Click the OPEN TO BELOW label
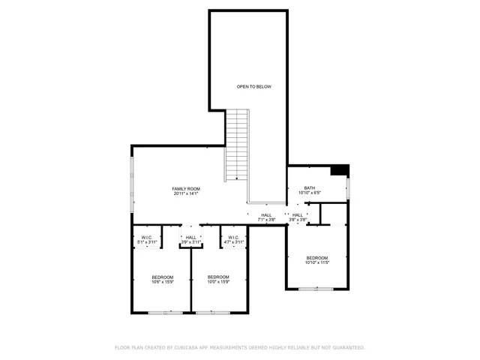(253, 87)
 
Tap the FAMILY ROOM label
(186, 188)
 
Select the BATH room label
(309, 188)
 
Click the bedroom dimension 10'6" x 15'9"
(163, 282)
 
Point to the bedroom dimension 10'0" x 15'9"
(218, 282)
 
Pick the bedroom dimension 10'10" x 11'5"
(316, 262)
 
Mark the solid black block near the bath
(340, 170)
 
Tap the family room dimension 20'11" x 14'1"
(186, 193)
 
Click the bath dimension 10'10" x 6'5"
(309, 193)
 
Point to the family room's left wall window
(133, 184)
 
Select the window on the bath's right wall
(348, 189)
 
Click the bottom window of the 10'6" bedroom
(166, 312)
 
